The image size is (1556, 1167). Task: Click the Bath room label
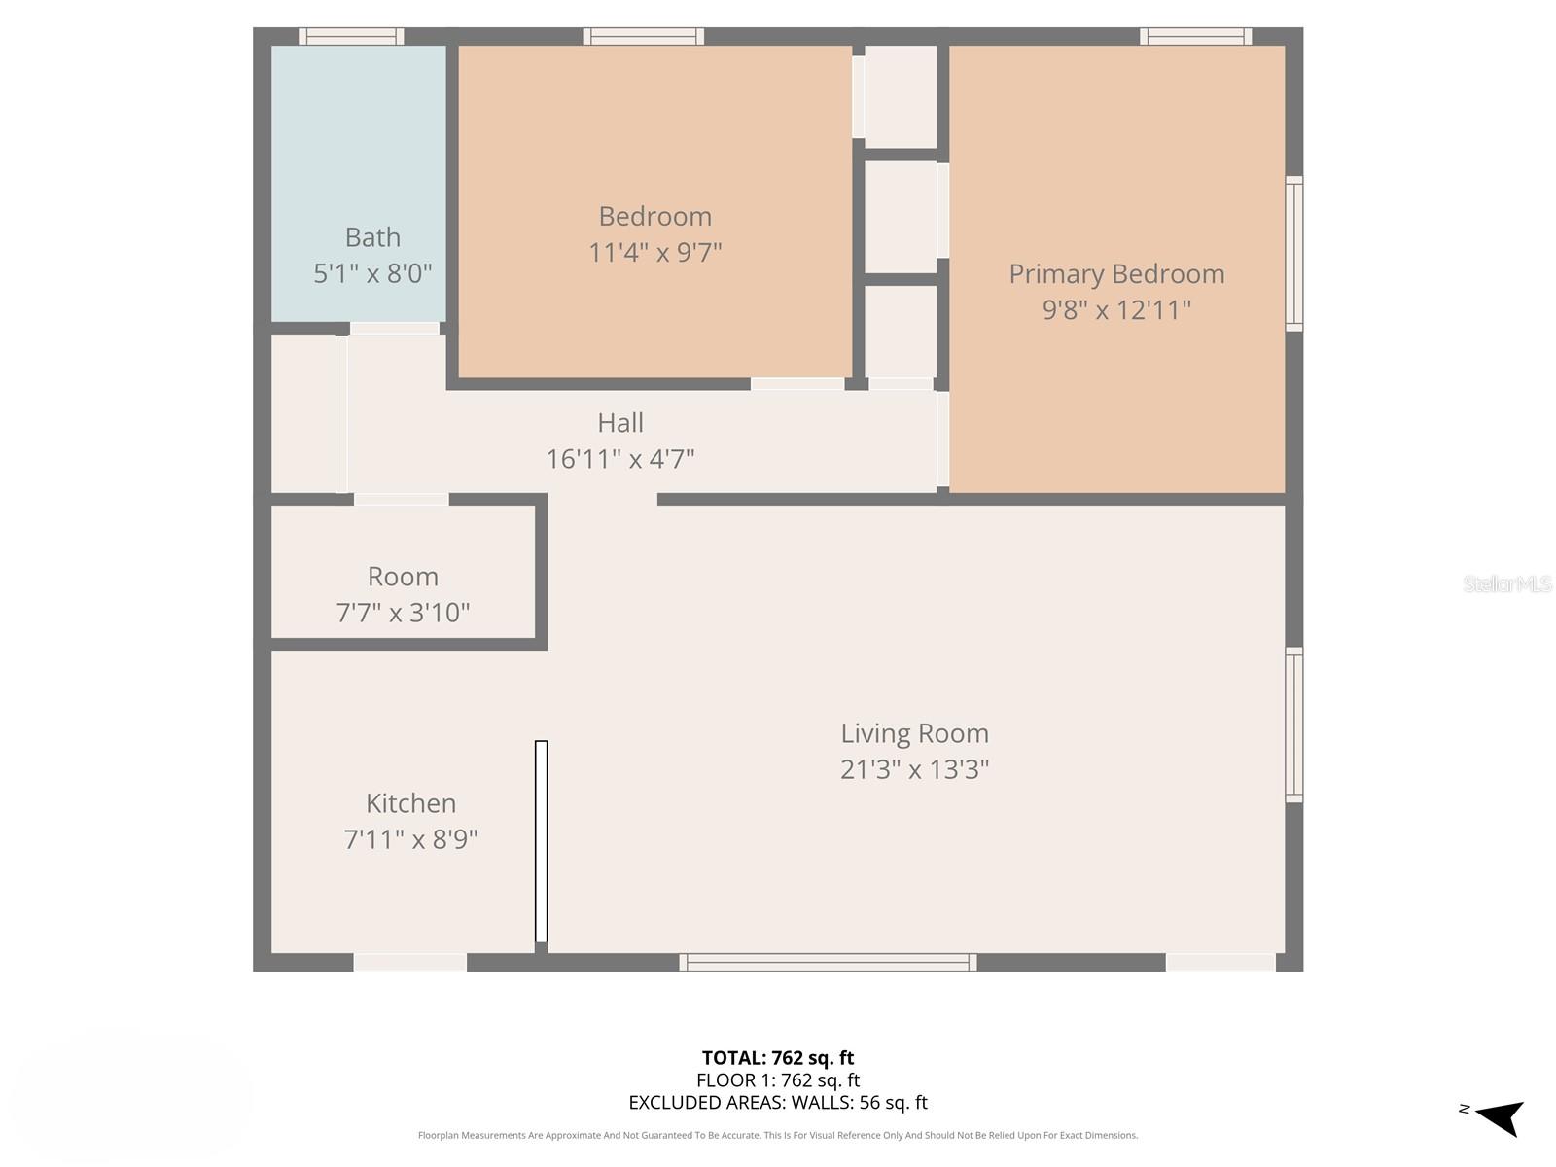(372, 237)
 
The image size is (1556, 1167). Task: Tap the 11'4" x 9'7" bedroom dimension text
(654, 253)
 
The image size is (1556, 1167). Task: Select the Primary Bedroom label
(1116, 274)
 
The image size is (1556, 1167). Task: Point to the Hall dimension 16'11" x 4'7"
(620, 459)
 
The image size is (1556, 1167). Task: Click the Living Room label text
(914, 733)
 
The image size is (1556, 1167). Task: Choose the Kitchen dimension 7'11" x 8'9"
(410, 839)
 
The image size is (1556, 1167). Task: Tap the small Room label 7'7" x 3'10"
(403, 594)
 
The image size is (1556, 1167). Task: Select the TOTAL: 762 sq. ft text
(778, 1058)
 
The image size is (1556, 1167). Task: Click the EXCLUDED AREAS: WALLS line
(778, 1103)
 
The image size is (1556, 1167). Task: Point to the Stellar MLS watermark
(1506, 583)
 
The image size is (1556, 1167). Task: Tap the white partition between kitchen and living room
(542, 841)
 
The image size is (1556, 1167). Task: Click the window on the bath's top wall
(351, 37)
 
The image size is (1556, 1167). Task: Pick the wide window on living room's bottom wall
(828, 963)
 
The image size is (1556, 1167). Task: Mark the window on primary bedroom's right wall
(1294, 253)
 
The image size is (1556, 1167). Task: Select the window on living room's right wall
(1294, 725)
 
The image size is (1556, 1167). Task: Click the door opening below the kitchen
(410, 963)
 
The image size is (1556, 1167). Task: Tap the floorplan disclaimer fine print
(778, 1135)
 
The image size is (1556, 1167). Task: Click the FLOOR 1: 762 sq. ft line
(778, 1080)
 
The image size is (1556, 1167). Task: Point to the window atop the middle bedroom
(643, 37)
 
